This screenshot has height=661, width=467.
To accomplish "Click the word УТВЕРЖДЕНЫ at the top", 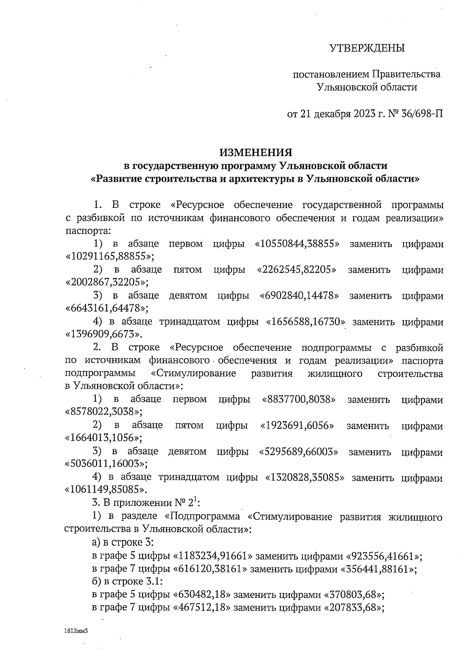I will click(367, 48).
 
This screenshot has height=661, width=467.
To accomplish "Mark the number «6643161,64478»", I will click(106, 309).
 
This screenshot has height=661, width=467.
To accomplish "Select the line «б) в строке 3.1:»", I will click(127, 582).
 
